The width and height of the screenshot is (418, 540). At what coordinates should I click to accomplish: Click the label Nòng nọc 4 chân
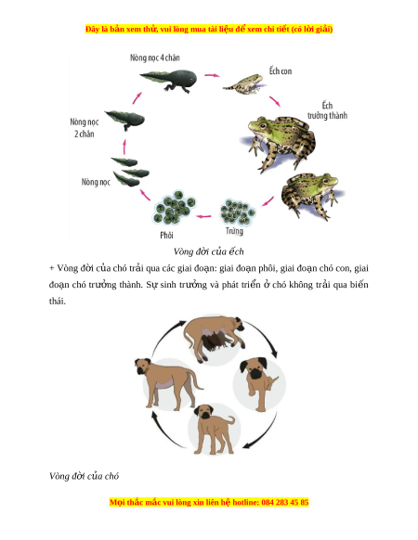[x=155, y=58]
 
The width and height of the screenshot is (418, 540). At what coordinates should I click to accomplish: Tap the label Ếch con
[x=281, y=71]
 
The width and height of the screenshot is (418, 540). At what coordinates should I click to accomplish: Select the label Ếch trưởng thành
[x=327, y=110]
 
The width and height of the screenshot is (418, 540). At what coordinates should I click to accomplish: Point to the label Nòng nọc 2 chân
[x=85, y=128]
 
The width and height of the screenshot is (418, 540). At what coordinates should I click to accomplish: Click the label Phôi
[x=166, y=235]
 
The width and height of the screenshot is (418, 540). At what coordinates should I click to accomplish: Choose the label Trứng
[x=234, y=230]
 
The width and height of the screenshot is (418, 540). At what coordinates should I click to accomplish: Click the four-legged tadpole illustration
[x=168, y=80]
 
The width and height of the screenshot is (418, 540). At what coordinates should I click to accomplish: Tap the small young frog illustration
[x=243, y=84]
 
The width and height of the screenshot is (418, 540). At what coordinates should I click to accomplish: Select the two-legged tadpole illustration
[x=124, y=119]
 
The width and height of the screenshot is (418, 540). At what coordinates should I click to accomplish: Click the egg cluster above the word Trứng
[x=238, y=212]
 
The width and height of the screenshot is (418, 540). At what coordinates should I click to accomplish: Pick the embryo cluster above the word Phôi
[x=175, y=207]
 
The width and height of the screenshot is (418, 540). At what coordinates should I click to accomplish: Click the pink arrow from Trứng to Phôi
[x=203, y=216]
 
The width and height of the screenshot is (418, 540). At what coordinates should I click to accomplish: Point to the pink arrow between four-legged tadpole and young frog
[x=212, y=75]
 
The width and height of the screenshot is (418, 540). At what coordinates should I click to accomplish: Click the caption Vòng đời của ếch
[x=209, y=251]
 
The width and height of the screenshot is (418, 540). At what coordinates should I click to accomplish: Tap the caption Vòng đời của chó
[x=84, y=476]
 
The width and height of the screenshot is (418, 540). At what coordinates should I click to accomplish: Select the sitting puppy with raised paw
[x=259, y=382]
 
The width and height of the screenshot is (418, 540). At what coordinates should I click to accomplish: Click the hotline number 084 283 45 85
[x=285, y=502]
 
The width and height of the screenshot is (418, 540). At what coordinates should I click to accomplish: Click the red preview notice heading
[x=209, y=29]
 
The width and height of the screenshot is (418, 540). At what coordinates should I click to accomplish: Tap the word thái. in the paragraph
[x=58, y=301]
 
